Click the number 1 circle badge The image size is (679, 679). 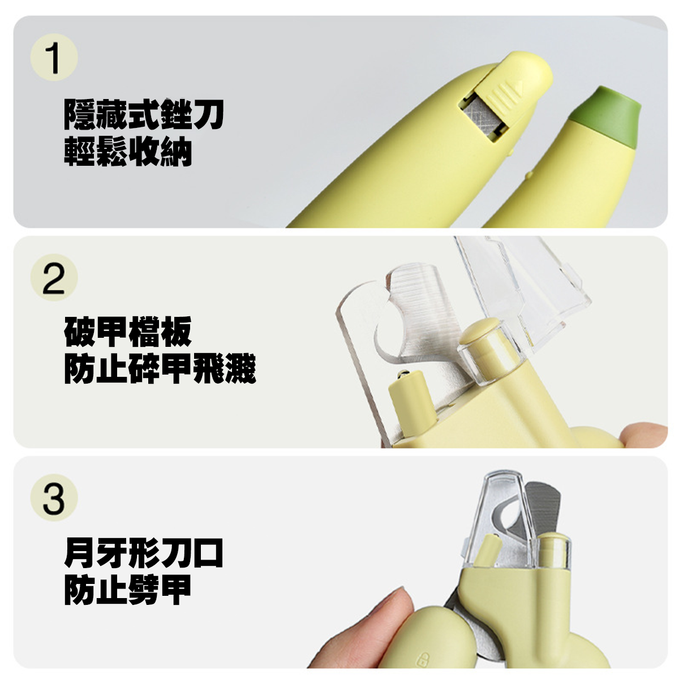(x=54, y=58)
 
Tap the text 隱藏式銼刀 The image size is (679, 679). (x=144, y=115)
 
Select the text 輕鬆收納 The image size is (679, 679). (x=128, y=151)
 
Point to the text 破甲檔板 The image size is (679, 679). (x=128, y=332)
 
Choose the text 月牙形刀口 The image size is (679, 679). (x=144, y=553)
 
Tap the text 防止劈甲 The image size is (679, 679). (x=128, y=589)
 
